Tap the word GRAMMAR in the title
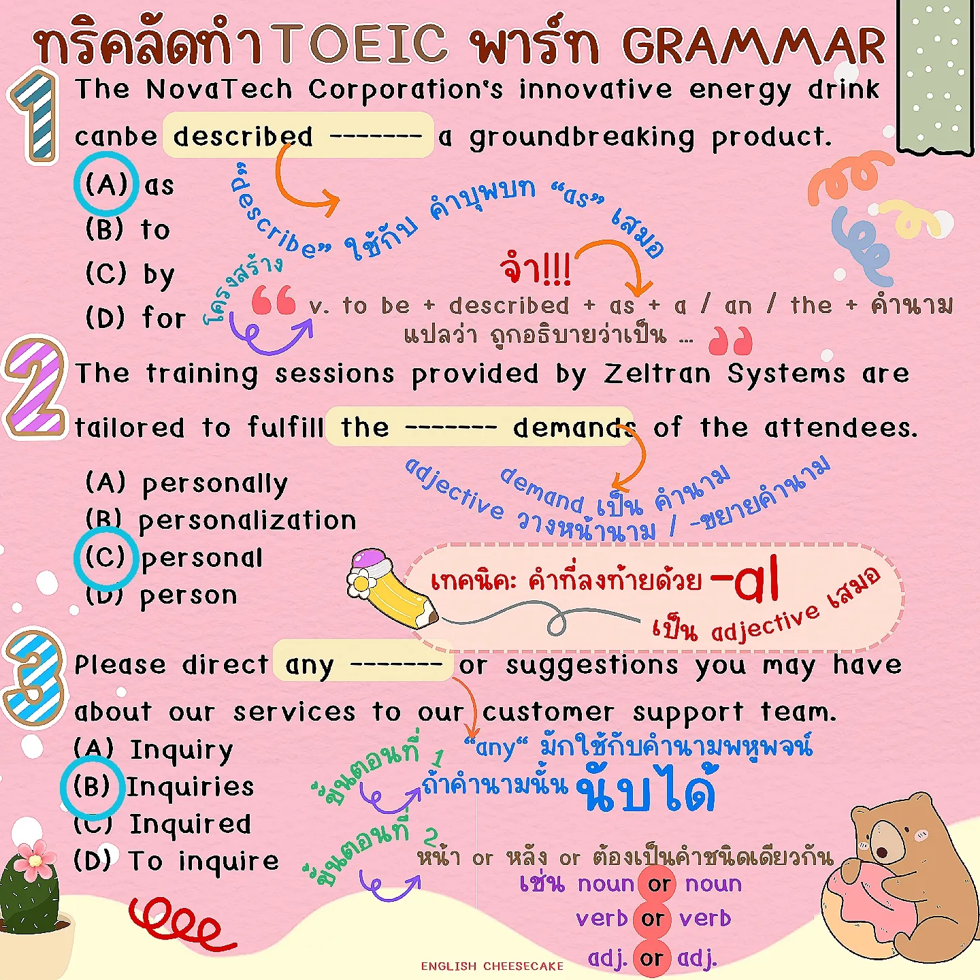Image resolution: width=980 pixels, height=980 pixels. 753,46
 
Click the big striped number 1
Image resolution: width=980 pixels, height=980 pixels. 34,116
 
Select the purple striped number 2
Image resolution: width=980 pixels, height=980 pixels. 35,388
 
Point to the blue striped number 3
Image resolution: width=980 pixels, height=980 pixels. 34,677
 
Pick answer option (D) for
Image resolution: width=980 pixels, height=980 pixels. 135,318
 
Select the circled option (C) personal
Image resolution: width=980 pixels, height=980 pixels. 170,558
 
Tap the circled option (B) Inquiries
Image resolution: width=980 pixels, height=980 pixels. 163,787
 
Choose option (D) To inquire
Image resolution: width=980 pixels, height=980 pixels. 176,861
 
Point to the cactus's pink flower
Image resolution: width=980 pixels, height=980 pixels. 35,859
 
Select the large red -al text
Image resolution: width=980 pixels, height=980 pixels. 745,580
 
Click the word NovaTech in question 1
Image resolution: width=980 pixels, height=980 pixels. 219,89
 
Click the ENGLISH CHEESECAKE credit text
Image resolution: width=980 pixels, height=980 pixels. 492,966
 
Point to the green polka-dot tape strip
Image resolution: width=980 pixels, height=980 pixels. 936,75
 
